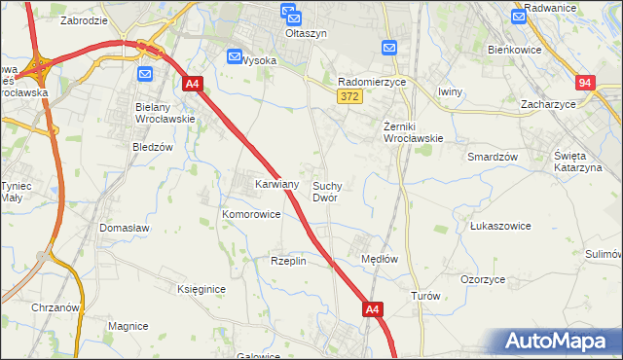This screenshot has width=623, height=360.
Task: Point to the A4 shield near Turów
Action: pos(373,309)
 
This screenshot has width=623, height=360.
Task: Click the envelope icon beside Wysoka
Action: pos(234,57)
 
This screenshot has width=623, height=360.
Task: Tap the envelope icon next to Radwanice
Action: pos(520,15)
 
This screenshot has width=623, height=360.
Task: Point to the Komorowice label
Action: pos(251,214)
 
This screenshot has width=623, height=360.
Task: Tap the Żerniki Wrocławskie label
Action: pos(413,131)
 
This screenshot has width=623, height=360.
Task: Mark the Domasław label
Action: pos(123,228)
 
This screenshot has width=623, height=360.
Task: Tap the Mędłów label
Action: pos(380,259)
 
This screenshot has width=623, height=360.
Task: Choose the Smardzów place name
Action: pos(492,156)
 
